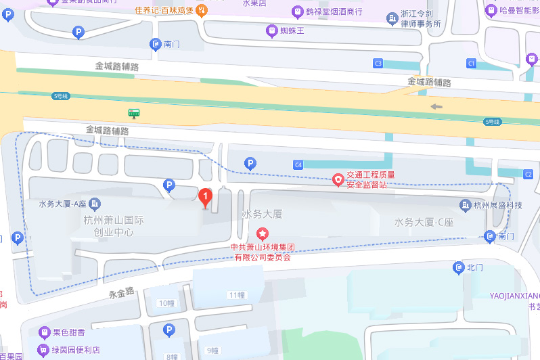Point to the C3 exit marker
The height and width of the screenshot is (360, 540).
[x=378, y=64]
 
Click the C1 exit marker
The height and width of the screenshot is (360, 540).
[x=472, y=63]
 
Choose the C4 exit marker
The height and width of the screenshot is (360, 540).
[x=298, y=164]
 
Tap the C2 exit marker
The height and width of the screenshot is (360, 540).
[x=528, y=175]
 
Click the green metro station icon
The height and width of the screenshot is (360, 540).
[x=135, y=113]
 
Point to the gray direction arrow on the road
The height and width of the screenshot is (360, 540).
[x=436, y=106]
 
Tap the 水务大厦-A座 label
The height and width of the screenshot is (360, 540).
[x=62, y=204]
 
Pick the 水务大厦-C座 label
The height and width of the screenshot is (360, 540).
[x=424, y=222]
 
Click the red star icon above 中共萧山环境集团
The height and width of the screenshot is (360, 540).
[x=262, y=233]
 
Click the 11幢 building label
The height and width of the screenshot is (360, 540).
[x=236, y=295]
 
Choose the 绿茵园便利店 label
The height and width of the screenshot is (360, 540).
[x=76, y=350]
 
